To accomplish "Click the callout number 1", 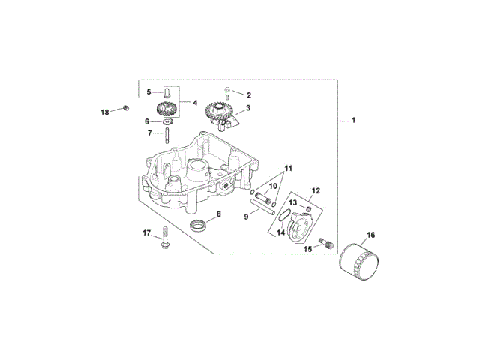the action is pos(353,120).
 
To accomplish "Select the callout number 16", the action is pos(371,235).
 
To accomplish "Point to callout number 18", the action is pos(106,112).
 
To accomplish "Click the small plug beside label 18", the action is pos(124,110).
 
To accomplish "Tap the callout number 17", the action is pos(147,232).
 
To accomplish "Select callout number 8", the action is pos(218,215).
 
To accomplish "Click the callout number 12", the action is pos(316,190).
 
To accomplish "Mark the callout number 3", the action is pos(248,107).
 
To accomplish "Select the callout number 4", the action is pos(194,102).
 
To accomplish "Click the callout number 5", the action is pos(148,91).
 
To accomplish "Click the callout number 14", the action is pos(281,232).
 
